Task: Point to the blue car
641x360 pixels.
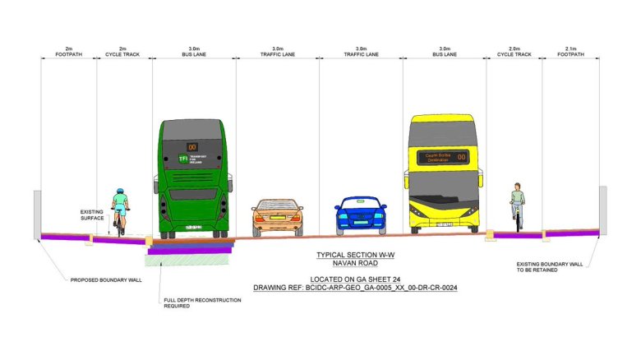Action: point(360,215)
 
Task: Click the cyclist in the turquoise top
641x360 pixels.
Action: point(121,210)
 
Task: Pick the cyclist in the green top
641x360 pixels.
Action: point(517,205)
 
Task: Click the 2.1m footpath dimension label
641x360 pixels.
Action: point(570,53)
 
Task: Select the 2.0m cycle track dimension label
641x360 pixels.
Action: point(514,53)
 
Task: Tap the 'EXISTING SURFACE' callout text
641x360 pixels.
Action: point(92,215)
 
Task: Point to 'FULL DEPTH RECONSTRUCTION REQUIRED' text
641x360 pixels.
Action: point(202,304)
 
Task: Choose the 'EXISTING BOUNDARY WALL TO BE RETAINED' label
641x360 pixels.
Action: point(548,266)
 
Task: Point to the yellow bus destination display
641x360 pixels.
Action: point(444,156)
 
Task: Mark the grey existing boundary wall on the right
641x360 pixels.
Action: point(603,210)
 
